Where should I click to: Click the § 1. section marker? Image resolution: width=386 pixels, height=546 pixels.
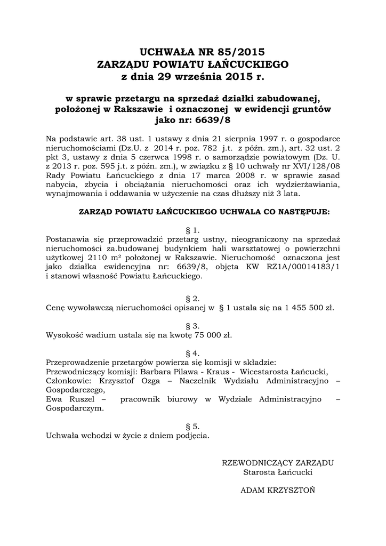coord(192,230)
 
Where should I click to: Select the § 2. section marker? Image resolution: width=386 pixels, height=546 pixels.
coord(192,298)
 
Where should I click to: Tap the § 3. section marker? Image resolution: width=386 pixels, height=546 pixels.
coord(192,325)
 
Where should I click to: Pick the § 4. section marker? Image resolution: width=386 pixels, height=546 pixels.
coord(192,353)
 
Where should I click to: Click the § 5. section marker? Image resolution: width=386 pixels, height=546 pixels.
coord(192,426)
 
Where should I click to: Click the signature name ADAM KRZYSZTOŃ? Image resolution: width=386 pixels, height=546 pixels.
coord(278,489)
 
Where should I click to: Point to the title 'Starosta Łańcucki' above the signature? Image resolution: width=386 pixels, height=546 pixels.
coord(278,472)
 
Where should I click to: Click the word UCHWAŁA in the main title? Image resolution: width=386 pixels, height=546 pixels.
coord(168,52)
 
